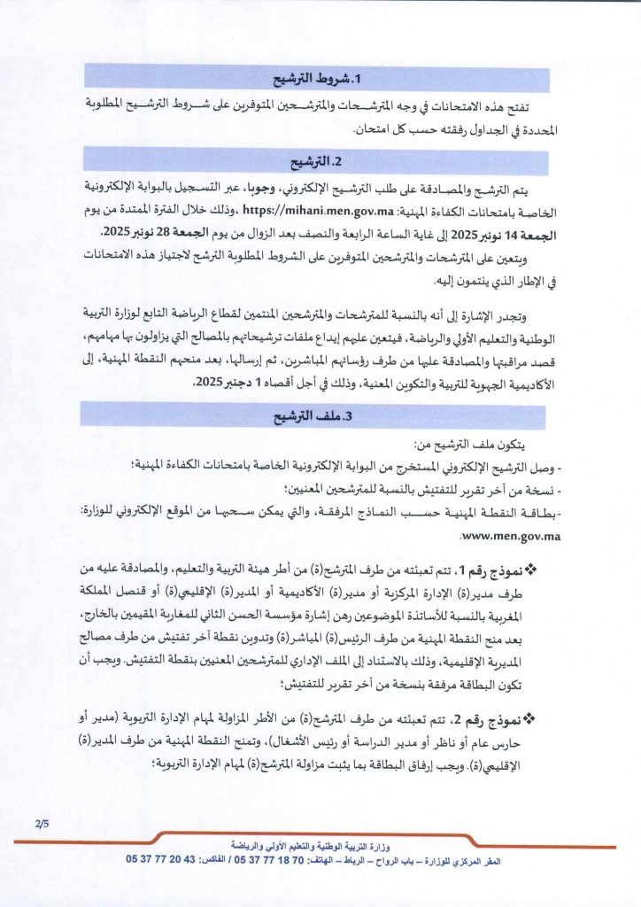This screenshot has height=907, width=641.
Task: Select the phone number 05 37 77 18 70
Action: [291, 860]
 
